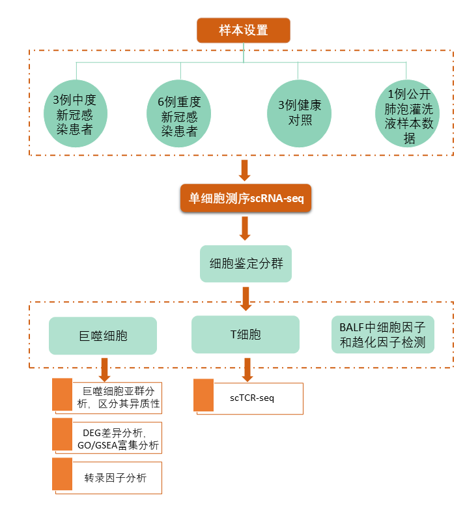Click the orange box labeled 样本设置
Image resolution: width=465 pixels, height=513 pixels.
click(244, 30)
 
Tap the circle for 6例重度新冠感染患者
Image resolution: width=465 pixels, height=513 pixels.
click(179, 115)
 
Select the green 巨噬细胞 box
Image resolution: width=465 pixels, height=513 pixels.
click(103, 336)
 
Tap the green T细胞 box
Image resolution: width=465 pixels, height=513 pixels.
click(246, 334)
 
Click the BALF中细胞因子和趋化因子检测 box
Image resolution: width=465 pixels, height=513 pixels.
click(382, 334)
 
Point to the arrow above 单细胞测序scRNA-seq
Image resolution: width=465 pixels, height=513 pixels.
click(245, 170)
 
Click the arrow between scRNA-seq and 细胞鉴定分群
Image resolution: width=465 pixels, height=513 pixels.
click(246, 228)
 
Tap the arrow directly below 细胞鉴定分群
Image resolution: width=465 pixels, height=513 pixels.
click(246, 297)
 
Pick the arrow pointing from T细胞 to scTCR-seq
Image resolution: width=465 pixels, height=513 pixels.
click(246, 369)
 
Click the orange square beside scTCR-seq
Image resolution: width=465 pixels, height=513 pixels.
click(204, 395)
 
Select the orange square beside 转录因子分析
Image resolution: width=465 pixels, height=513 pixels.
click(62, 475)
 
